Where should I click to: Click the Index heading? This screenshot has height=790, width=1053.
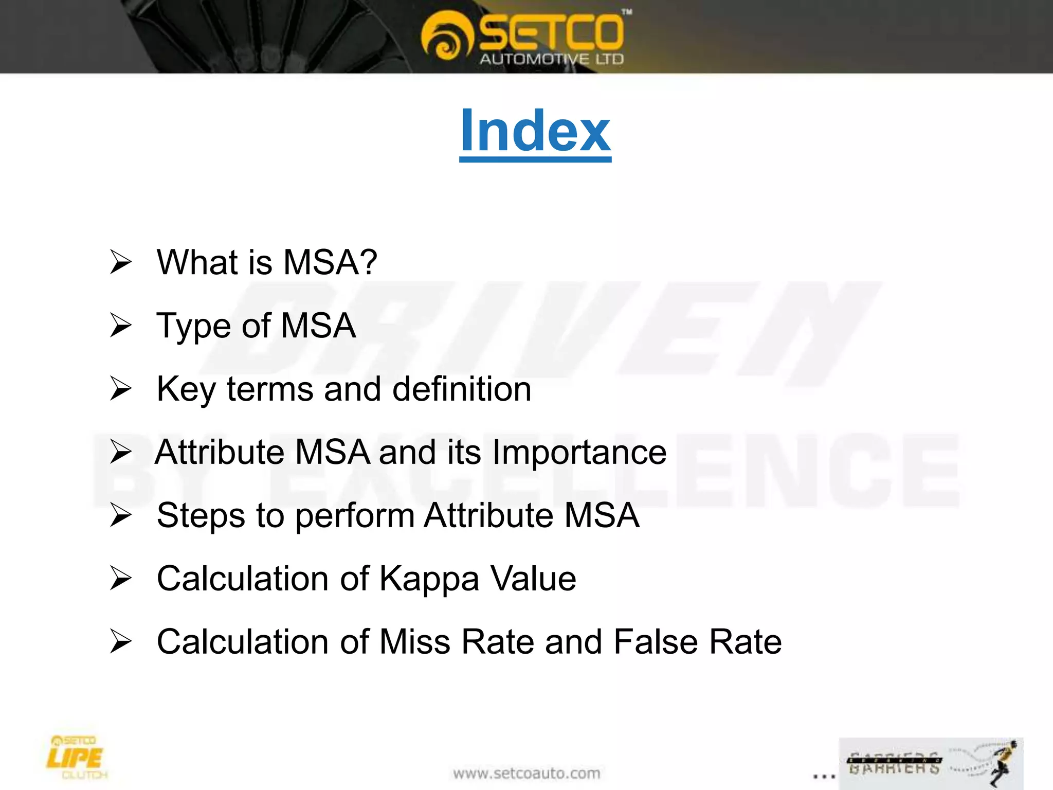pyautogui.click(x=535, y=132)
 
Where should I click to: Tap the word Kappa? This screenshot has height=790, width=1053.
pyautogui.click(x=429, y=579)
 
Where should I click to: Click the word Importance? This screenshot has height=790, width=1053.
pyautogui.click(x=579, y=453)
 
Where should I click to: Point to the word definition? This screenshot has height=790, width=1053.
pyautogui.click(x=462, y=389)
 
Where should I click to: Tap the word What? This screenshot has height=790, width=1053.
pyautogui.click(x=196, y=262)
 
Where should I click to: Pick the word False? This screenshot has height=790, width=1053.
pyautogui.click(x=656, y=642)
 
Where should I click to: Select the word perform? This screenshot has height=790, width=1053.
pyautogui.click(x=355, y=516)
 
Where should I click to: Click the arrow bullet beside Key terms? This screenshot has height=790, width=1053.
pyautogui.click(x=121, y=389)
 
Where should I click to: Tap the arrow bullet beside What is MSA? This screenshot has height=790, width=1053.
pyautogui.click(x=121, y=262)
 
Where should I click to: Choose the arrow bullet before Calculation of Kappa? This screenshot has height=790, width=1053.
pyautogui.click(x=121, y=579)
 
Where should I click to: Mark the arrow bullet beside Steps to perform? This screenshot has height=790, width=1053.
pyautogui.click(x=121, y=515)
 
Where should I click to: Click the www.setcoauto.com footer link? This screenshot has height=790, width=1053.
pyautogui.click(x=526, y=774)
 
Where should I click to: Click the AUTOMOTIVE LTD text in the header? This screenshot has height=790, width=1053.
pyautogui.click(x=552, y=59)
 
